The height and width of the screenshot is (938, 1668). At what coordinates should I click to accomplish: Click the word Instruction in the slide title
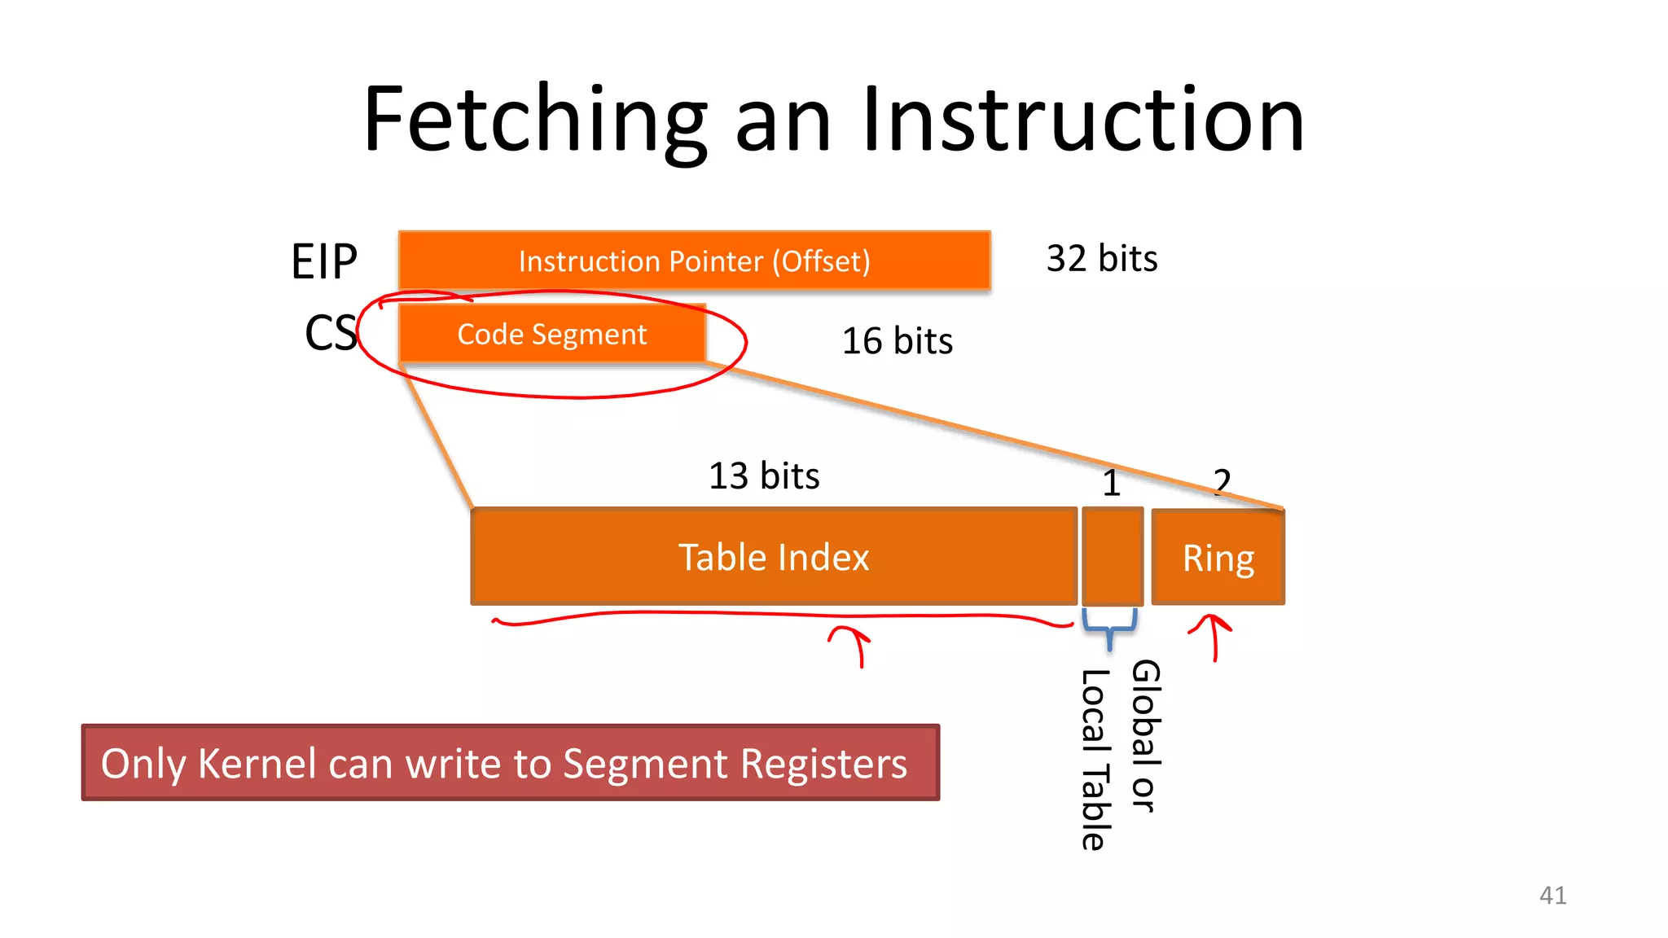coord(1082,121)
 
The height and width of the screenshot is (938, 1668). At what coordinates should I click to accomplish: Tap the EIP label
coord(324,262)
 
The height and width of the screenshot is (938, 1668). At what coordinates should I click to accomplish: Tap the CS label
coord(330,333)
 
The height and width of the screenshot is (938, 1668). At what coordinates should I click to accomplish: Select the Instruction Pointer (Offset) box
coord(694,261)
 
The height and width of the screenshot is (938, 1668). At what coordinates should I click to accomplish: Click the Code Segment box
coord(551,335)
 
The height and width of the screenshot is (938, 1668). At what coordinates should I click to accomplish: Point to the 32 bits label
coord(1101,259)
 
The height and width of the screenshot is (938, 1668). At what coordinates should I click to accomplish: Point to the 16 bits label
coord(897,341)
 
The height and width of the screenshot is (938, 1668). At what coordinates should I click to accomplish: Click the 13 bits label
coord(763,476)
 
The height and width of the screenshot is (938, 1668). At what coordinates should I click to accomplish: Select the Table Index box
coord(774,558)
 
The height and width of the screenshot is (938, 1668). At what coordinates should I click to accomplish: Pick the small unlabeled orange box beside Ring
coord(1112,557)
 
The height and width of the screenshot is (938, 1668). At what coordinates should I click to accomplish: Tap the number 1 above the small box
coord(1112,484)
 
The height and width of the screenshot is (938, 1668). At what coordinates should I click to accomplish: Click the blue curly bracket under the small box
coord(1109,629)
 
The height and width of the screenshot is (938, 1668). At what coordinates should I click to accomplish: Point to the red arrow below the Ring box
coord(1213,637)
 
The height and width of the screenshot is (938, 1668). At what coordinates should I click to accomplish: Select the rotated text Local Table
coord(1094,760)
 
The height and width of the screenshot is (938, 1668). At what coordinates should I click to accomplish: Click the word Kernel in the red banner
coord(257,764)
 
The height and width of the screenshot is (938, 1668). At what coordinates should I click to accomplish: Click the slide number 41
coord(1552,896)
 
